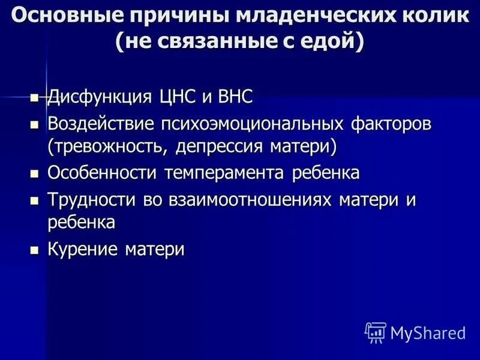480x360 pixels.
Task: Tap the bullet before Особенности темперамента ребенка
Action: coord(34,174)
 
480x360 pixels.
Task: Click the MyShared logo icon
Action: coord(376,332)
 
